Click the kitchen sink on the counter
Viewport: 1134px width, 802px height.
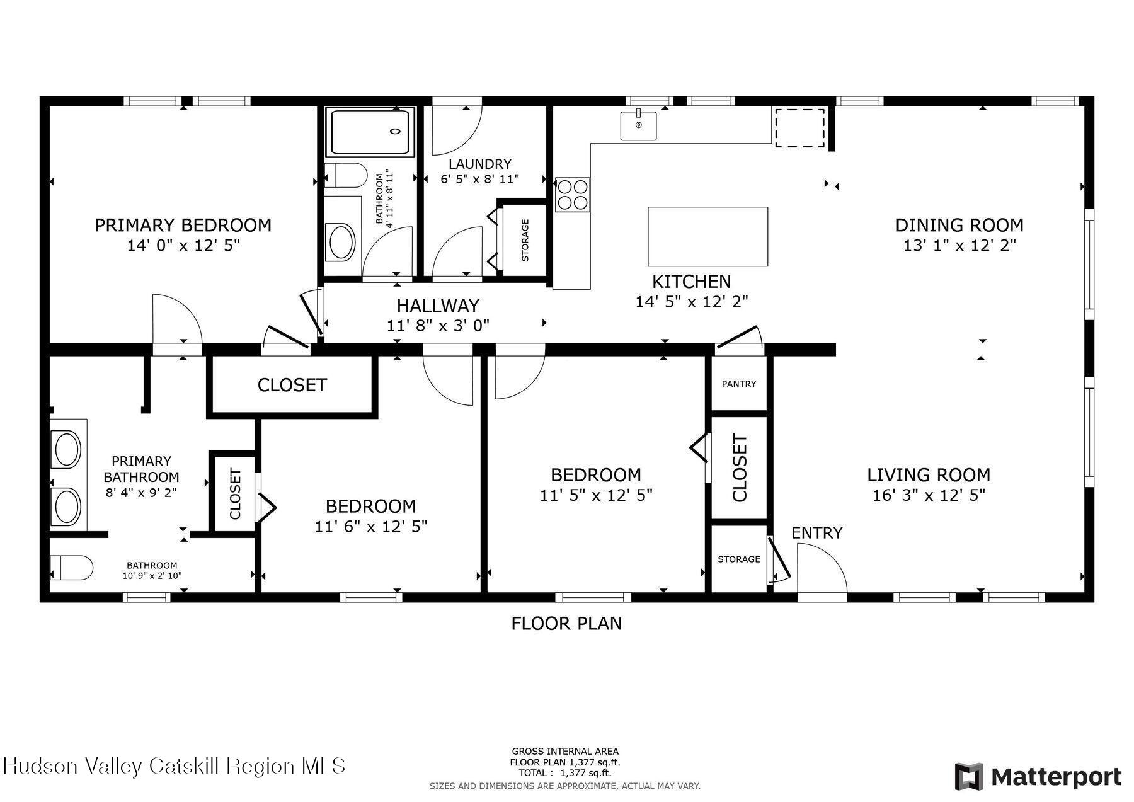(638, 125)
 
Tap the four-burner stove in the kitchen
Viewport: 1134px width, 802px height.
(572, 195)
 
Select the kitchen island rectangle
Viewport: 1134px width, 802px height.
(708, 236)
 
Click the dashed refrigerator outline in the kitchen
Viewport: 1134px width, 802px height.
(799, 127)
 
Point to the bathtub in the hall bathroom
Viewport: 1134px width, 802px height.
(370, 132)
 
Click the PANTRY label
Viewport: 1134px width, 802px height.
(739, 384)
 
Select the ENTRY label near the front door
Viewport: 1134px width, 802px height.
(817, 533)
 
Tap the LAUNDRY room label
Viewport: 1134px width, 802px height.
(480, 164)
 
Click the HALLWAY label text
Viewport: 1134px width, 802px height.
(438, 306)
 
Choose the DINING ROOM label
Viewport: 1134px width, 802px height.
(959, 225)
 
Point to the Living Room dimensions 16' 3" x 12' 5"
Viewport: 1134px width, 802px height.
(929, 495)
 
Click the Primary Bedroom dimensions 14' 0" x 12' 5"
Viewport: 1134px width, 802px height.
(183, 245)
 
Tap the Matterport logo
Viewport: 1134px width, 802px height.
(1038, 776)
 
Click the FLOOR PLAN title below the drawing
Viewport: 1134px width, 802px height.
(566, 624)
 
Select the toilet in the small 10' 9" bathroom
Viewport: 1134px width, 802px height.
(71, 568)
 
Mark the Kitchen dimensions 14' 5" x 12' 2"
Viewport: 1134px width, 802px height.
(692, 302)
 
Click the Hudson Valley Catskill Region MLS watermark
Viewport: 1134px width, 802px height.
(175, 766)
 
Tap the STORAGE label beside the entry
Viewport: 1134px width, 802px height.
(739, 559)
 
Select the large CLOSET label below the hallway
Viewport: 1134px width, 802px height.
(292, 385)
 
